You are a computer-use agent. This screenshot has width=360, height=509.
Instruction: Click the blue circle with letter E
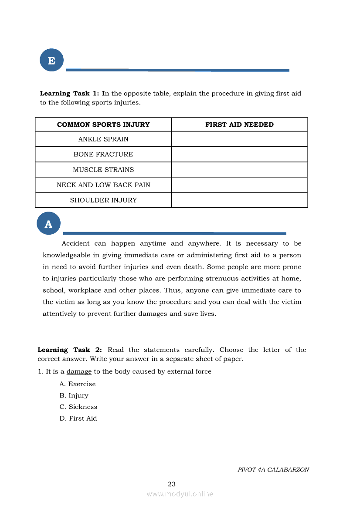pos(51,61)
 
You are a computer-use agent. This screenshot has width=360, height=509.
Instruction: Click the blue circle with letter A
pos(48,224)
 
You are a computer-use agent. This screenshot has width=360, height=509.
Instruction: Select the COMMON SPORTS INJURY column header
pos(103,125)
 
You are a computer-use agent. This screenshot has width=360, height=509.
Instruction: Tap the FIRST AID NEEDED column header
pos(239,125)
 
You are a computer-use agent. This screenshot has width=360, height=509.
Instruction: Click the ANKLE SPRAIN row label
pos(103,139)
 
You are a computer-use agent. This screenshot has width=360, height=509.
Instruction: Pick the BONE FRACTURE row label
pos(103,155)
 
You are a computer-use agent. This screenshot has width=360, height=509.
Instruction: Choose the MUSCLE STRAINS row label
pos(103,170)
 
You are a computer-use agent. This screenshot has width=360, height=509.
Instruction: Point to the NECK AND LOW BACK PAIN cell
pos(103,185)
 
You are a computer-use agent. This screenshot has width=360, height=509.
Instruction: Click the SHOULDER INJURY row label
pos(103,200)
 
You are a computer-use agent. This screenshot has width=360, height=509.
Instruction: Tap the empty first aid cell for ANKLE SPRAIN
pos(239,139)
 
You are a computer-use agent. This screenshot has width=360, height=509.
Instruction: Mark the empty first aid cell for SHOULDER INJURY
pos(239,200)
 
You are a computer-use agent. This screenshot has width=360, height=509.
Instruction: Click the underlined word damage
pos(79,372)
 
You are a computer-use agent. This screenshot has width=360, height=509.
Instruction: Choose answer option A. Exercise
pos(77,384)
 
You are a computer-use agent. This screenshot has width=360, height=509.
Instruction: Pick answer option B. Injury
pos(74,395)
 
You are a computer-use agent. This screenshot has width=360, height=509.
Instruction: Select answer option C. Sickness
pos(78,407)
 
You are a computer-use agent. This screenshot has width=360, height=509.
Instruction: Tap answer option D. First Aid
pos(78,418)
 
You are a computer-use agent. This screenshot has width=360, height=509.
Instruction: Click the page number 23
pos(171,484)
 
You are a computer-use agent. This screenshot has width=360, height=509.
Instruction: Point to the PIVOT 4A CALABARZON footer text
pos(273,470)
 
